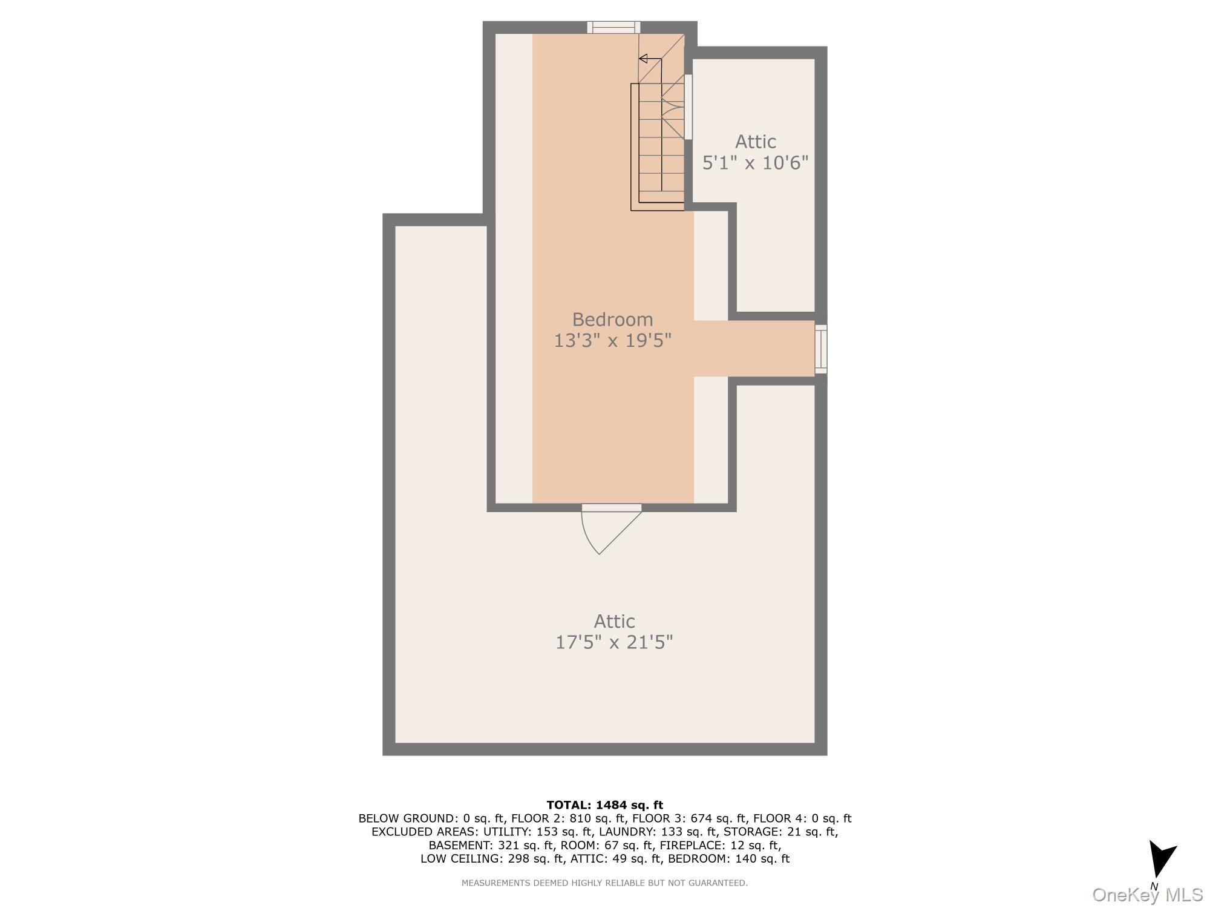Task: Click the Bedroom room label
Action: pyautogui.click(x=612, y=319)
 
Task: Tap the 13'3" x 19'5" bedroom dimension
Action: pyautogui.click(x=612, y=341)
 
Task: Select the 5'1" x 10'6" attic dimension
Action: pyautogui.click(x=755, y=163)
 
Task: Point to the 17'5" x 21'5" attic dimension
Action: pyautogui.click(x=614, y=642)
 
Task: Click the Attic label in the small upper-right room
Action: pyautogui.click(x=755, y=142)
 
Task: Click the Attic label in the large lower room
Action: pyautogui.click(x=614, y=621)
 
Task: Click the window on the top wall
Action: pyautogui.click(x=613, y=27)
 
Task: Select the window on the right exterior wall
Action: pyautogui.click(x=820, y=349)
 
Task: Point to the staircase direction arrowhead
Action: pyautogui.click(x=644, y=59)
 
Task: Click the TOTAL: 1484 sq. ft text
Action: pyautogui.click(x=604, y=805)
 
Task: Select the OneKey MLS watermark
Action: pyautogui.click(x=1147, y=895)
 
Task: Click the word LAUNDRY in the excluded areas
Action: pyautogui.click(x=623, y=832)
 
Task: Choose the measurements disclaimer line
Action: pyautogui.click(x=604, y=883)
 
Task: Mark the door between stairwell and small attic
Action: pyautogui.click(x=688, y=107)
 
